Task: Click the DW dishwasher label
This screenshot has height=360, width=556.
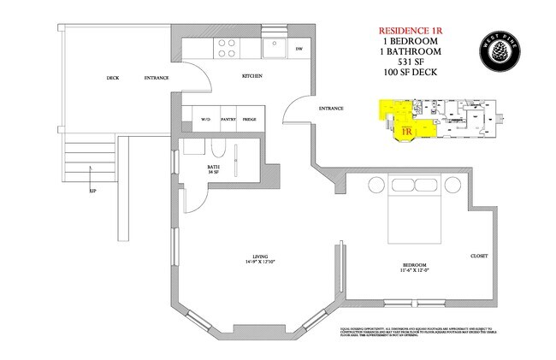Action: (299, 50)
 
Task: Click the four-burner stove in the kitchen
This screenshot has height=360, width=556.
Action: (227, 48)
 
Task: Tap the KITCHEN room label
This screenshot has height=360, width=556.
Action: (252, 77)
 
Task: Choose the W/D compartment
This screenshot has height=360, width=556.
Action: (206, 120)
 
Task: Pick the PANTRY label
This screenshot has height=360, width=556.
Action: (228, 120)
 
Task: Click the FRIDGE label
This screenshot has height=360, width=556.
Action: (250, 120)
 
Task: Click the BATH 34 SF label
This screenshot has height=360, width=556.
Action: (215, 169)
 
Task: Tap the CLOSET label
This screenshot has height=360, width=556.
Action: (479, 256)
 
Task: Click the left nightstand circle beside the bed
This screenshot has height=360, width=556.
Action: (373, 186)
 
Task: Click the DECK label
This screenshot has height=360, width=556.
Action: (113, 78)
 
